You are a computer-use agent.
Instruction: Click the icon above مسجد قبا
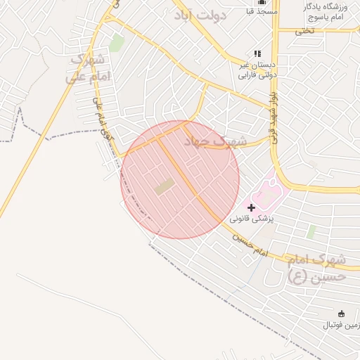tap(262, 2)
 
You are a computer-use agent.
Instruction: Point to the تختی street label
tap(304, 30)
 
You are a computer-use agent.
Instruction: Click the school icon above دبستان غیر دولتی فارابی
tap(257, 53)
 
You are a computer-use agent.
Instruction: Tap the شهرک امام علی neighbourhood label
tap(88, 68)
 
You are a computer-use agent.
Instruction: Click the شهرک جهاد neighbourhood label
tap(214, 141)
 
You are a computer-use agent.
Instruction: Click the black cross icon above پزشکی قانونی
tap(251, 207)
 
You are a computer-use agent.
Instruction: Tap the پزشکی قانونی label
tap(251, 219)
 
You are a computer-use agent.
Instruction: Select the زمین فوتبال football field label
tap(340, 326)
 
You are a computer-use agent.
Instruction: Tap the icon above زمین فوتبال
tap(342, 314)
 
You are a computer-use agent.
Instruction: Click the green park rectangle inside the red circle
tap(165, 186)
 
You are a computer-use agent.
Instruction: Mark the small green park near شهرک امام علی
tap(117, 43)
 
